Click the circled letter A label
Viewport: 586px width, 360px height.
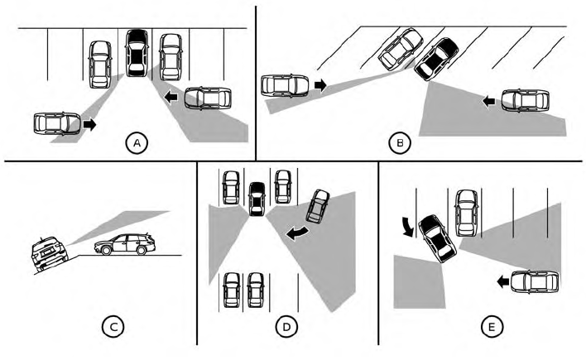[x=137, y=143]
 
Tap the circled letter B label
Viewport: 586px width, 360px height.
[x=400, y=143]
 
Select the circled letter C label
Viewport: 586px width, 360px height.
[x=113, y=327]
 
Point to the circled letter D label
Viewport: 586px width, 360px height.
[x=286, y=327]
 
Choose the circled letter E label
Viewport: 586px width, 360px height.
[x=492, y=327]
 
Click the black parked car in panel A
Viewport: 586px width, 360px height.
[x=137, y=53]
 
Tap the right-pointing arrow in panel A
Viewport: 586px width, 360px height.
[x=89, y=124]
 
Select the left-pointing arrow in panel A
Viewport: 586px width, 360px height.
[x=171, y=97]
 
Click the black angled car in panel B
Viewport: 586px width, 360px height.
[x=437, y=59]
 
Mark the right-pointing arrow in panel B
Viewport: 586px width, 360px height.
[x=320, y=85]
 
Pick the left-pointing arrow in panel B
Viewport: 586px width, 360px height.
[x=488, y=101]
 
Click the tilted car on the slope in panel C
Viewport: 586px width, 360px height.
[x=50, y=253]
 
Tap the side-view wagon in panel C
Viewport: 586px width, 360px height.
[x=124, y=244]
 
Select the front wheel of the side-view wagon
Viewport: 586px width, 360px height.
[x=106, y=250]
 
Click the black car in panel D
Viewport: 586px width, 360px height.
[x=257, y=199]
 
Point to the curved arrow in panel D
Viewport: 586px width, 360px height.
[x=298, y=233]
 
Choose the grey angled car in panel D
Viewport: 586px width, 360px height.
[x=318, y=206]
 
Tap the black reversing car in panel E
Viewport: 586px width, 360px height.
[x=437, y=238]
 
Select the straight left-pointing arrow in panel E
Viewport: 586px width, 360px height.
[x=503, y=281]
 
